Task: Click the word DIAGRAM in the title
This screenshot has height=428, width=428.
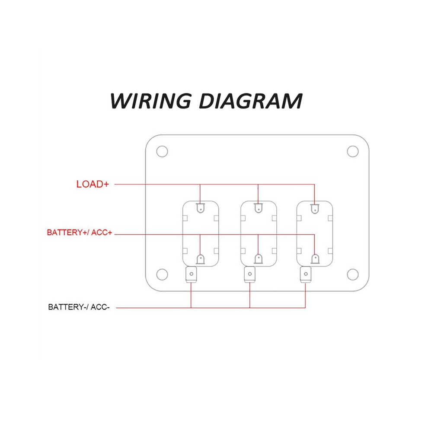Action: (x=251, y=101)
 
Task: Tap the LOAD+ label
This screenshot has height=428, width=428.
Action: (x=93, y=184)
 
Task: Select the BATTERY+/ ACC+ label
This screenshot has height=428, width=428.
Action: (x=80, y=233)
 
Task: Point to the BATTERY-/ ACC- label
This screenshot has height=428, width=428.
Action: (x=79, y=307)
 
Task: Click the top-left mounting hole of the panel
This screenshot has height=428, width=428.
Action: (x=162, y=151)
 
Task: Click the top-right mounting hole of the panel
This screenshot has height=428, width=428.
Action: (x=353, y=151)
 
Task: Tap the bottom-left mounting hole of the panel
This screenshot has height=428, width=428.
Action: (x=162, y=275)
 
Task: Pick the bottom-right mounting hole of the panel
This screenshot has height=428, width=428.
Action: (x=353, y=275)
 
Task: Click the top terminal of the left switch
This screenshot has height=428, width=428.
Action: (x=200, y=208)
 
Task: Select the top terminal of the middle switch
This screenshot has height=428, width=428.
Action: (x=258, y=208)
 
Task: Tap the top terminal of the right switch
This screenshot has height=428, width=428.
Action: (x=315, y=209)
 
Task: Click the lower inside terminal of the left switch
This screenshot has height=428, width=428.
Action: (x=200, y=259)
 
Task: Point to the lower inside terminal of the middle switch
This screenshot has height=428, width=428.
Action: (x=259, y=259)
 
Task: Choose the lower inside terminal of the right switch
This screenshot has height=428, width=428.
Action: (x=315, y=259)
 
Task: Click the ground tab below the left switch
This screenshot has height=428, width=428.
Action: (x=191, y=275)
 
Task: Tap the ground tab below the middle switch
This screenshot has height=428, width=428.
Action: (x=249, y=275)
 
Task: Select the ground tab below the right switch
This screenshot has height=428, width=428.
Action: (x=306, y=275)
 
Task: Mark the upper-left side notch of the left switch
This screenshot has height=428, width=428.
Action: (x=185, y=218)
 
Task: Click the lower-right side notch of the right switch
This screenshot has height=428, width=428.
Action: (x=330, y=251)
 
